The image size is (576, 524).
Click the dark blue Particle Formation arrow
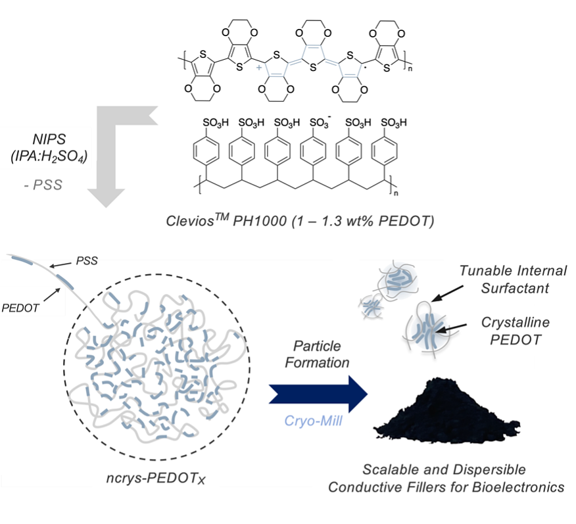318,394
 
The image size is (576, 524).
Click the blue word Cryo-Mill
313,421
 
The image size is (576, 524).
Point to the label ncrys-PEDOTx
156,479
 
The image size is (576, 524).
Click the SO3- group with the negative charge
320,122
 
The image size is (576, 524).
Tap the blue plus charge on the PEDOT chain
259,68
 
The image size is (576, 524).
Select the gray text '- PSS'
43,185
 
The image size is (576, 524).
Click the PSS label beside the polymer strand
87,261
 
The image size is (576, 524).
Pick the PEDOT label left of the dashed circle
20,308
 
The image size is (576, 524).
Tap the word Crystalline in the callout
516,322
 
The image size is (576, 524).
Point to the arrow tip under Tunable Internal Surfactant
433,301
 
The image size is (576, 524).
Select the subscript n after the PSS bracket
396,193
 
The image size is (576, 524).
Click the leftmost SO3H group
216,123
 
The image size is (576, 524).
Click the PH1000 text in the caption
260,221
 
